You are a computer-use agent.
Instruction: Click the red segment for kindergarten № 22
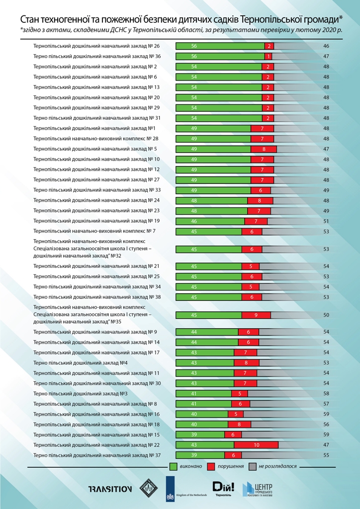click(256, 445)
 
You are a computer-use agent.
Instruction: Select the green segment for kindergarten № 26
click(220, 46)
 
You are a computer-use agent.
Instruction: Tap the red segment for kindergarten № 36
click(269, 56)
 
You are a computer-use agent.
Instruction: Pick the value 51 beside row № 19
click(326, 221)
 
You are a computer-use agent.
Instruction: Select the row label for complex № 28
click(96, 139)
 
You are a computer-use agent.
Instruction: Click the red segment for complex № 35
click(256, 315)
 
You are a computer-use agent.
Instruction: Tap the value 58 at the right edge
click(326, 393)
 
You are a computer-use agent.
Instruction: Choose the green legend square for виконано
click(174, 467)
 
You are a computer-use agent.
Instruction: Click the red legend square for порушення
click(211, 467)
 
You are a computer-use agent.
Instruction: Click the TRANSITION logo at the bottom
click(110, 489)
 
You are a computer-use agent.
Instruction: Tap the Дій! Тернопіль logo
click(220, 488)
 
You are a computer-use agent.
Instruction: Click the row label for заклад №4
click(81, 362)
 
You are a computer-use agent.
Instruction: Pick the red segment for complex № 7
click(252, 231)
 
